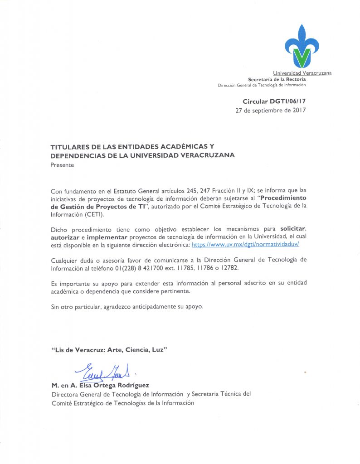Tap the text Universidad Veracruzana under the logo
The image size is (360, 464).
point(302,73)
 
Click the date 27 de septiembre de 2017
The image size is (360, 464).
point(271,111)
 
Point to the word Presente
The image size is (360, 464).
point(62,165)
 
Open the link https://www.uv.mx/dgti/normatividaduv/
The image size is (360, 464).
point(245,244)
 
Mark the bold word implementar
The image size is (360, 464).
point(108,237)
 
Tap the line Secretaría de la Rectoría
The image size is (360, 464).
point(280,79)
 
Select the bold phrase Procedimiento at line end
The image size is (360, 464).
point(283,198)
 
